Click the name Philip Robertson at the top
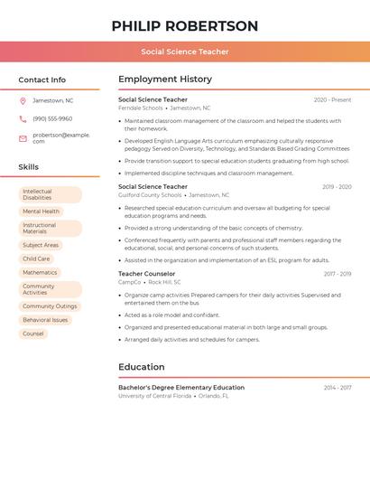[185, 26]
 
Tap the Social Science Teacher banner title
[185, 52]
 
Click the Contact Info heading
[42, 80]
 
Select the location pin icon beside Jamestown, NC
[23, 100]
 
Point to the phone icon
[23, 119]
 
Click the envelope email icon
[23, 138]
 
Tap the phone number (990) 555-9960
[52, 118]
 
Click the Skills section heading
[29, 167]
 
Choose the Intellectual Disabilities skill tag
[50, 194]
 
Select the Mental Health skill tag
[41, 211]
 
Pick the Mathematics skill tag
[40, 272]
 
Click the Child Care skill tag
[36, 258]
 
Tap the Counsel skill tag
[33, 333]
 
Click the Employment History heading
[165, 80]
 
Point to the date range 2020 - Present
[332, 100]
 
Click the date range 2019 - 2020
[337, 187]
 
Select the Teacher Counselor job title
[147, 273]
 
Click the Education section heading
[142, 367]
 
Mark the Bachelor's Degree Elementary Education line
[181, 388]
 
